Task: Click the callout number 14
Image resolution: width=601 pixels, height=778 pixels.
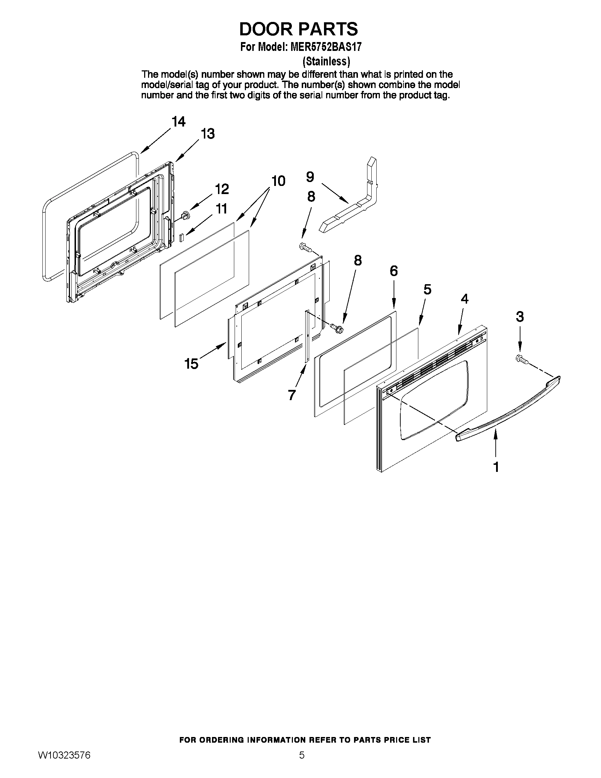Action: [178, 122]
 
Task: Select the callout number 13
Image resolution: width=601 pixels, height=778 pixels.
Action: [207, 134]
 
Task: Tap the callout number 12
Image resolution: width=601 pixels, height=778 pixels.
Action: [222, 189]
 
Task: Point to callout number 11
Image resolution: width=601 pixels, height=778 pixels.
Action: [222, 209]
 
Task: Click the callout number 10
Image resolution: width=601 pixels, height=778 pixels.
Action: [278, 181]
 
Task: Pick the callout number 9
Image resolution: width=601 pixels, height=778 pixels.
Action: [310, 177]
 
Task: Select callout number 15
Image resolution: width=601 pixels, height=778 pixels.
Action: [191, 364]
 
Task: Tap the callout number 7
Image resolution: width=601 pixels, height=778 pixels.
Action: [291, 395]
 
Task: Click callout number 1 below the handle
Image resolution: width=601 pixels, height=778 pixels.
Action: [496, 467]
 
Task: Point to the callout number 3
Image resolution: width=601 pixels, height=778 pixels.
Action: [519, 316]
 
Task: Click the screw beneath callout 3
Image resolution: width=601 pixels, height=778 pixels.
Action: [521, 359]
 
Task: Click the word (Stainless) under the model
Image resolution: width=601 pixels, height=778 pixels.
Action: [326, 62]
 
